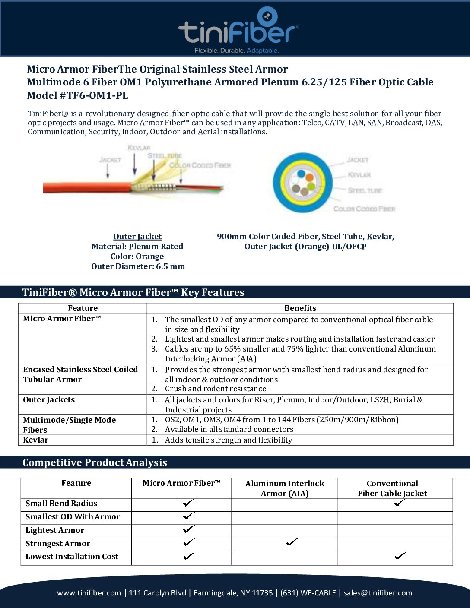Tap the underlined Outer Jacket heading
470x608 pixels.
pos(137,236)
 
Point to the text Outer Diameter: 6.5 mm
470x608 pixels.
pos(138,266)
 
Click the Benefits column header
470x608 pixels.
pos(300,308)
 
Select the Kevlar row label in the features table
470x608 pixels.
pos(36,440)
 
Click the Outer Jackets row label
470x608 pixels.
pos(49,399)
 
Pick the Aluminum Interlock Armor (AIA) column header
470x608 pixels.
pos(285,488)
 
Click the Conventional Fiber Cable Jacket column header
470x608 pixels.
pos(392,488)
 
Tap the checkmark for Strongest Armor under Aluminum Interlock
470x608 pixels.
pos(292,542)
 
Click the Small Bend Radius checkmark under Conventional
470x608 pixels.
pos(400,503)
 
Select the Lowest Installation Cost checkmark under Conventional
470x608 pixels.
pos(400,556)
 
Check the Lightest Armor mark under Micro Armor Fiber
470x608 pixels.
pos(188,529)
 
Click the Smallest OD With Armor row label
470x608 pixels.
pos(73,516)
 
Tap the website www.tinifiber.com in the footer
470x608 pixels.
pos(89,593)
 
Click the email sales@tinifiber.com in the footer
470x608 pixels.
pos(378,593)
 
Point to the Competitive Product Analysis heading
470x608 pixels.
pos(95,462)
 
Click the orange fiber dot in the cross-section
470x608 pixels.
pos(309,177)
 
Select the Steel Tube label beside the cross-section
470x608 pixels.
pos(365,190)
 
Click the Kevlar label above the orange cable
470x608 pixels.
pos(139,148)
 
